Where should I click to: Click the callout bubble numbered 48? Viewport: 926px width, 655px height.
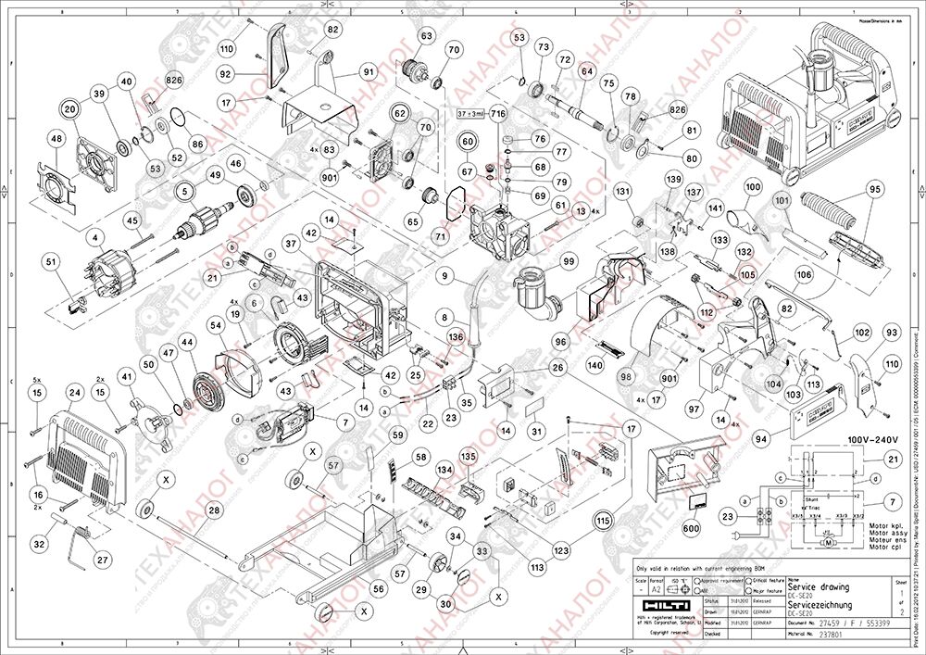57,139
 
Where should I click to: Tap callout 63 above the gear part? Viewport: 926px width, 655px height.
426,36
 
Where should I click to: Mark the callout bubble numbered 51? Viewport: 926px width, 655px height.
51,263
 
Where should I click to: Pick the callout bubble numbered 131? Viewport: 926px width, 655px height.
622,191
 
